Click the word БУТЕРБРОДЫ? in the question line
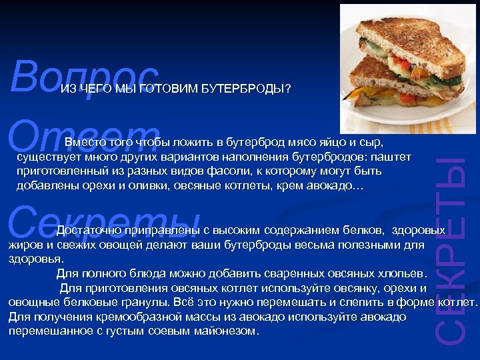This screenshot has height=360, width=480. point(246,89)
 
